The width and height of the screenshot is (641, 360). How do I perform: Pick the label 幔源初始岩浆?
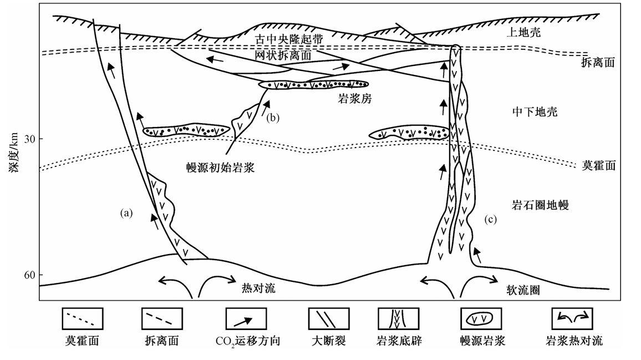click(x=220, y=168)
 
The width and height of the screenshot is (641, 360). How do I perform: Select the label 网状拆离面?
click(x=283, y=55)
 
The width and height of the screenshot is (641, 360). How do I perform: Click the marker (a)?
click(x=127, y=212)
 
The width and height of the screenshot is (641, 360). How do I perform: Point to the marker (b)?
click(x=273, y=118)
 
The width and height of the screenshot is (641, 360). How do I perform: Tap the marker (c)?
click(x=490, y=219)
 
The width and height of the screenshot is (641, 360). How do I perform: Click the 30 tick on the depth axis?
click(x=29, y=138)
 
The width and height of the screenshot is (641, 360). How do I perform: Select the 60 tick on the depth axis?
click(x=29, y=275)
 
